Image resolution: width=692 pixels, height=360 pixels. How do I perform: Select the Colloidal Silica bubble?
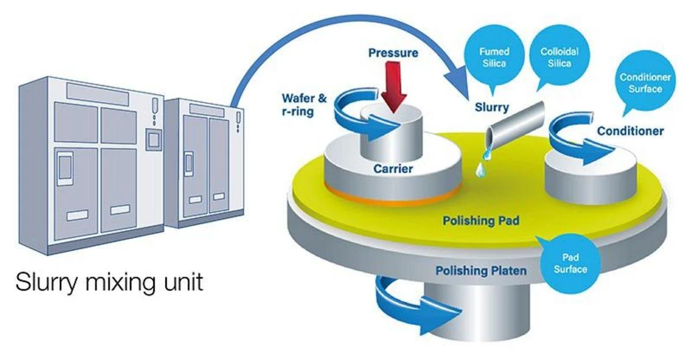click(x=559, y=57)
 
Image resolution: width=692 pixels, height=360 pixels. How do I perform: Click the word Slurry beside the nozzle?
click(x=491, y=107)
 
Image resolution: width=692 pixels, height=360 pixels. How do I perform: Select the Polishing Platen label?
click(x=480, y=270)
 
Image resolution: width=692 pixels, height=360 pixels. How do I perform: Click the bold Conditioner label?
click(x=630, y=131)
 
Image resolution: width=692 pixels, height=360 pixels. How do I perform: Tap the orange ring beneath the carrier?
click(x=392, y=198)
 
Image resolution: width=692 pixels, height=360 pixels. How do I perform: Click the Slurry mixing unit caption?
click(x=110, y=283)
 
